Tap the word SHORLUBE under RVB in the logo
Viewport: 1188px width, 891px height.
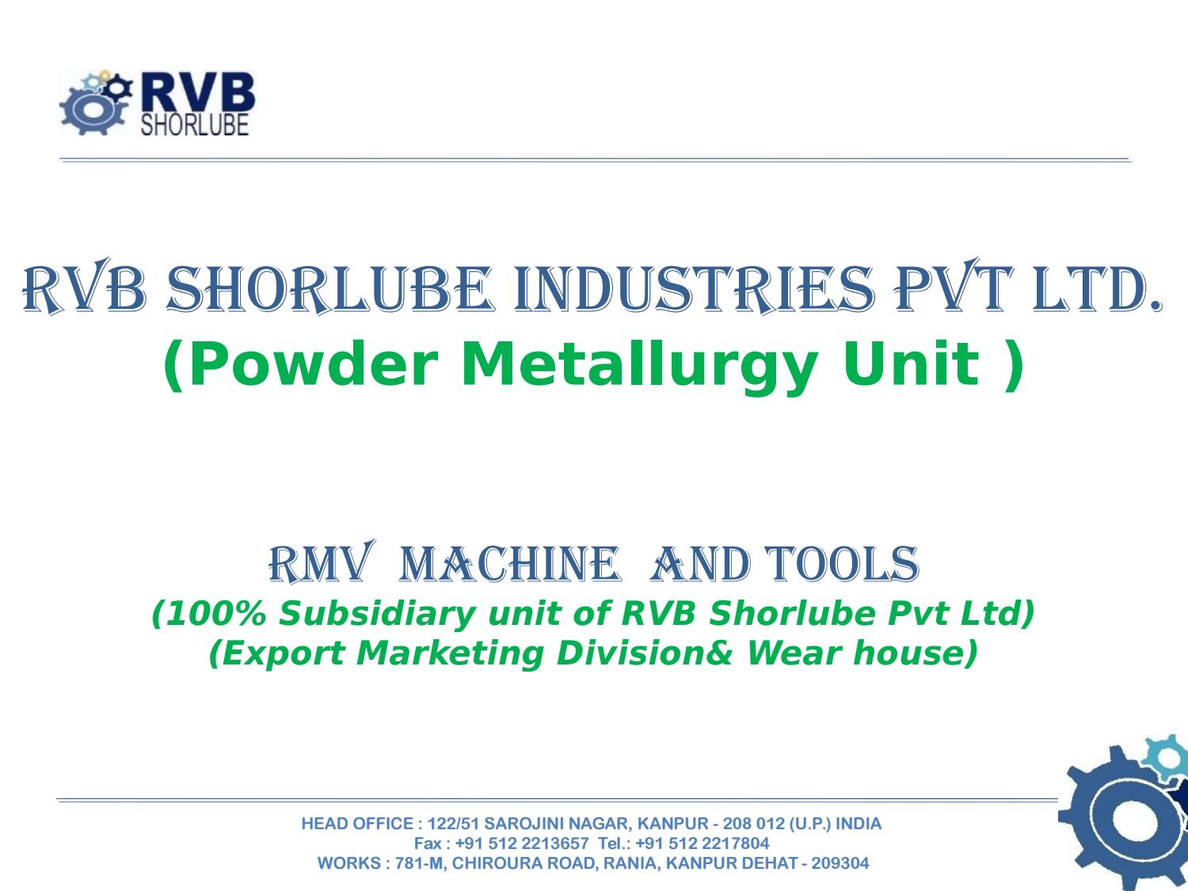click(195, 124)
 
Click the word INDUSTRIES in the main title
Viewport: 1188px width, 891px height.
click(694, 289)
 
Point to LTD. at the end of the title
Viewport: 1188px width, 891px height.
click(1097, 289)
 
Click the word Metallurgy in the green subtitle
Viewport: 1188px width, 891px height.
click(639, 366)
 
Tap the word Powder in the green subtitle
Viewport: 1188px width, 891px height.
click(314, 364)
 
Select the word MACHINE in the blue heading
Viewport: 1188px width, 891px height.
click(509, 564)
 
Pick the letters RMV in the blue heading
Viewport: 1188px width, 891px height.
click(322, 562)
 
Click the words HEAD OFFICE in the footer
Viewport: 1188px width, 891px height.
click(357, 824)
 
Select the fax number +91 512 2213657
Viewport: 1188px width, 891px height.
click(522, 843)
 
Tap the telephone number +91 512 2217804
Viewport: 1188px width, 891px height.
click(702, 843)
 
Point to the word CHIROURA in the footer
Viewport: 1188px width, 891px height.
click(493, 863)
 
